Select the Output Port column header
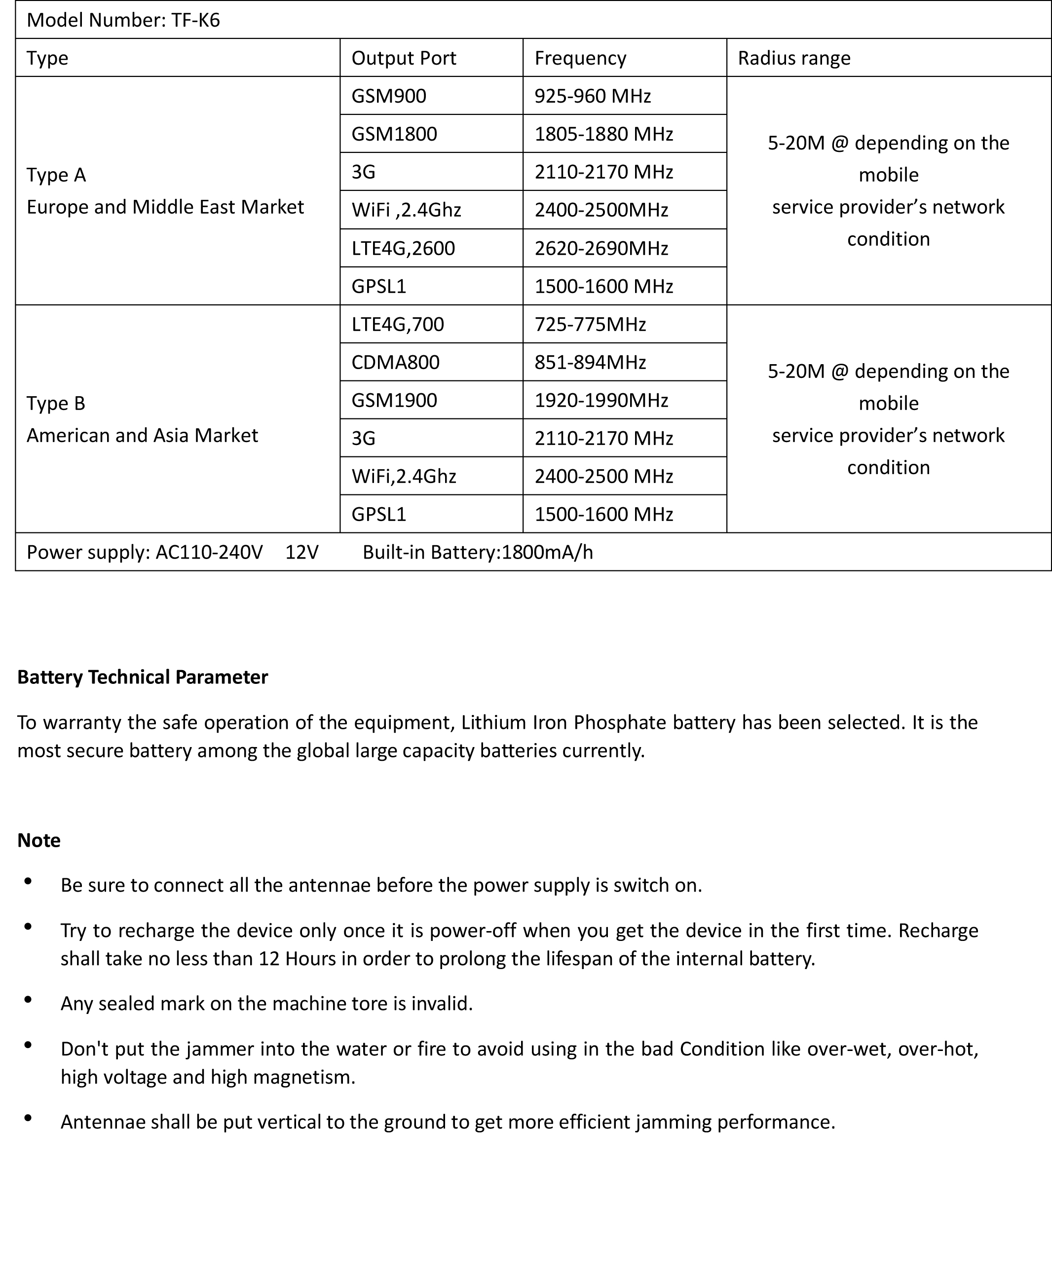[x=404, y=58]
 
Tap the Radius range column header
[x=794, y=58]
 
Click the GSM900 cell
[x=389, y=96]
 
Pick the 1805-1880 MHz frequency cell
[x=603, y=134]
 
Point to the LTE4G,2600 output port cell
[x=403, y=248]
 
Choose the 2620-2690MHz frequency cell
[x=601, y=248]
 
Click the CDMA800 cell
[x=395, y=362]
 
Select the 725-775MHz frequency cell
[x=590, y=325]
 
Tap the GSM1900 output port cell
[x=394, y=401]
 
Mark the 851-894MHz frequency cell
[x=590, y=362]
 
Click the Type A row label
[x=56, y=175]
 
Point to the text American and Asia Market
[x=143, y=436]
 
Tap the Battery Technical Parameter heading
[x=143, y=677]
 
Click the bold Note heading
[x=39, y=841]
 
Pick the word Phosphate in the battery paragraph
[x=620, y=723]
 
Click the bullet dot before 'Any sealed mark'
[x=28, y=1000]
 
